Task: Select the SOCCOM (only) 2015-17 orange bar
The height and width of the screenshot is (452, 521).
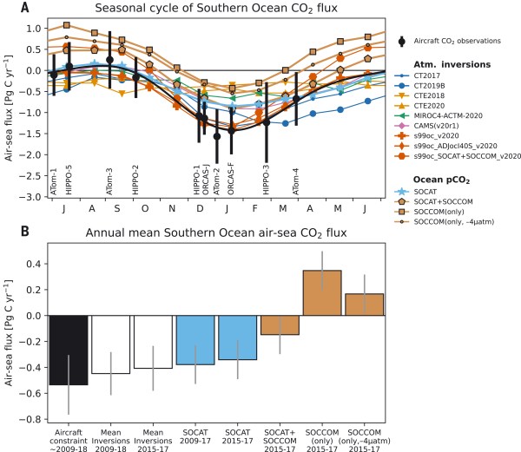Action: [x=322, y=294]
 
